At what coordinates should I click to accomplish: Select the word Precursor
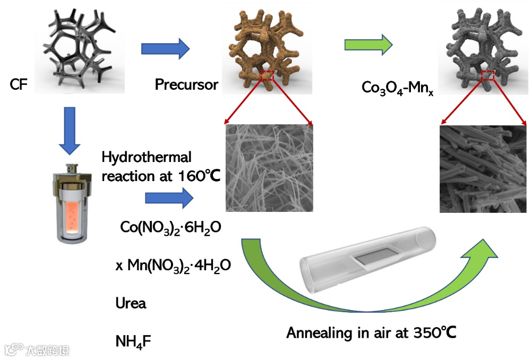point(186,84)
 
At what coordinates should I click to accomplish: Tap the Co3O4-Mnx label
point(390,87)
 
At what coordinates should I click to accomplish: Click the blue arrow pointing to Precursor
point(165,49)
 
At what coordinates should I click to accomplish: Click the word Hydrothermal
point(147,157)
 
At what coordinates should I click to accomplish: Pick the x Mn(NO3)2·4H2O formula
point(173,265)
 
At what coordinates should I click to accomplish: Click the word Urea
point(131,304)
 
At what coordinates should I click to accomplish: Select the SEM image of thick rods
point(483,168)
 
